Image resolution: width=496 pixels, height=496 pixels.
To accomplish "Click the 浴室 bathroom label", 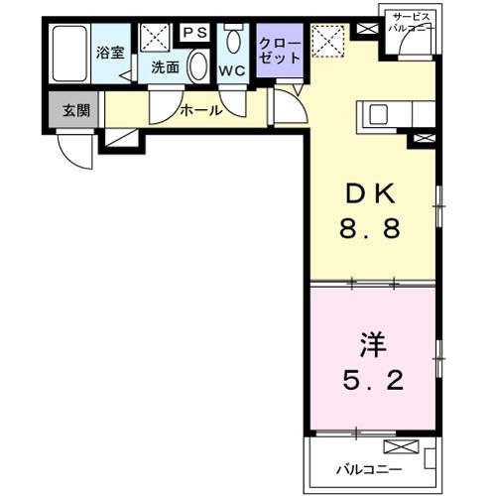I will [110, 52].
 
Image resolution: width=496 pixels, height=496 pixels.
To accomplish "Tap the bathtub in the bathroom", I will [68, 57].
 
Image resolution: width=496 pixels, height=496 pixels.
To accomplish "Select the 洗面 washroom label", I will [165, 67].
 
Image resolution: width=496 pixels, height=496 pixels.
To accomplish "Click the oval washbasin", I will [197, 68].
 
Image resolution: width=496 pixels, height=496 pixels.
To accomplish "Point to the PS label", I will [194, 31].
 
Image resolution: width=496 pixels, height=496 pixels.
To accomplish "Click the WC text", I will [232, 70].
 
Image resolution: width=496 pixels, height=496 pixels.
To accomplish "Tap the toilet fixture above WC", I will [233, 43].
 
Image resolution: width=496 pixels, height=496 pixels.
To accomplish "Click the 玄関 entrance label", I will [75, 110].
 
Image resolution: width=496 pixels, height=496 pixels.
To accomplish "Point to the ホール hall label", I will [199, 110].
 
